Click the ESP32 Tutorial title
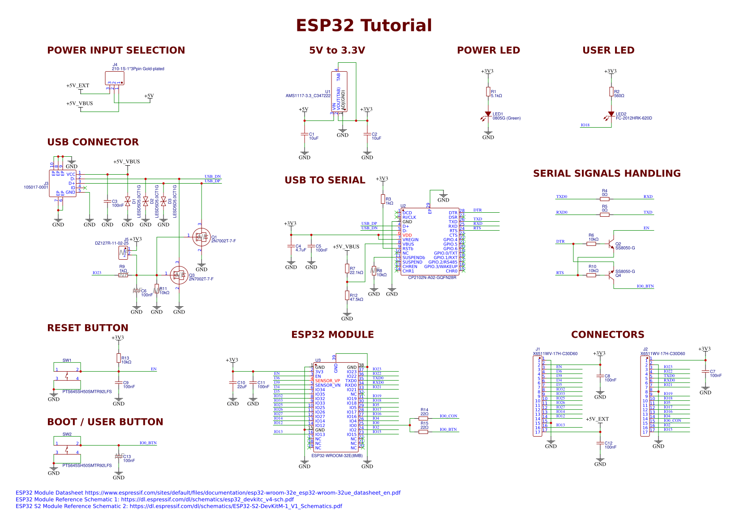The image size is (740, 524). pos(364,26)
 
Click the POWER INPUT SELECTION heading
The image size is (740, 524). pos(116,50)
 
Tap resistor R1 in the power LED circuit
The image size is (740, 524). pos(488,92)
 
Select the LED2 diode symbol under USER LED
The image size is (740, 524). pos(611,114)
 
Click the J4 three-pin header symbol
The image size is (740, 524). pos(115,78)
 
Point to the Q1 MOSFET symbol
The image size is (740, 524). pos(201,237)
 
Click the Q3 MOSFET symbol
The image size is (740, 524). pos(179,275)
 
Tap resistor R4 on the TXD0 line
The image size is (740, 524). pos(604,199)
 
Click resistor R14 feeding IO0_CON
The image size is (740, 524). pos(423,419)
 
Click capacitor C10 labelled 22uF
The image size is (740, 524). pos(232,383)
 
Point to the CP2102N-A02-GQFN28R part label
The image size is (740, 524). pos(432,278)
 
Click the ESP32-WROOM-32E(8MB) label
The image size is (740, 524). pos(337,455)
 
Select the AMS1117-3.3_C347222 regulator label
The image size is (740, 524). pos(308,96)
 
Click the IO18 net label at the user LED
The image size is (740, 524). pos(585,125)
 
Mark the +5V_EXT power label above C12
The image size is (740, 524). pos(597,419)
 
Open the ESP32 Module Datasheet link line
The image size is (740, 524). pos(208,493)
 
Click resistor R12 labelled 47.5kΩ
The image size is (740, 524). pos(347,295)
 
